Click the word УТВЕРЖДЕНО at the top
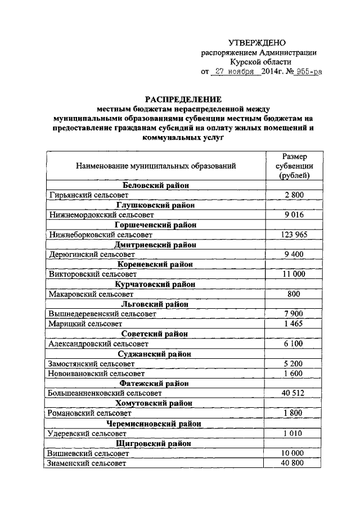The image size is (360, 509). tap(257, 43)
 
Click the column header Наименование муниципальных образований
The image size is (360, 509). tap(156, 166)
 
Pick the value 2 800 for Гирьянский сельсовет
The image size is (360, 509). tap(294, 195)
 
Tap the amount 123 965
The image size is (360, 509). tap(294, 235)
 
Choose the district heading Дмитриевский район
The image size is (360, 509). tap(156, 245)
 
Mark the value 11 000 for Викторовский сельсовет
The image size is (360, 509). tap(294, 274)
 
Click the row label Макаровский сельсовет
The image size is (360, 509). tap(91, 294)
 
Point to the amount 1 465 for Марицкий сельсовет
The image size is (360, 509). tap(294, 323)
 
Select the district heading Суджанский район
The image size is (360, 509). tap(156, 354)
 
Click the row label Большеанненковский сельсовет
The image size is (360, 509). tap(105, 393)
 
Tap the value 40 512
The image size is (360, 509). tap(294, 393)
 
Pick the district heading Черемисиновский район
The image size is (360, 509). tap(156, 423)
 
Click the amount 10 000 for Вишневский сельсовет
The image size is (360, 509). tap(294, 453)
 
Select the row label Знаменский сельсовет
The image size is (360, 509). tap(87, 463)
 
